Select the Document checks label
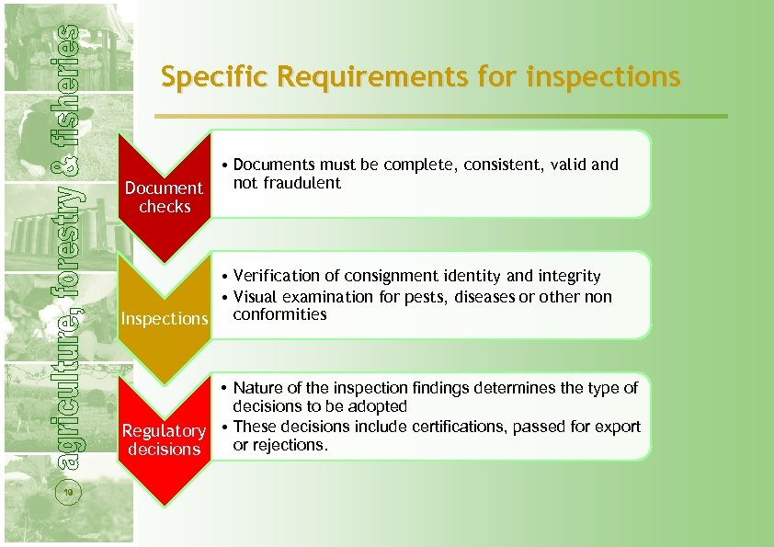click(x=164, y=197)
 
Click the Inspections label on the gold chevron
click(x=165, y=319)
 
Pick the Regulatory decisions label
click(x=164, y=439)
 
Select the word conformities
click(x=279, y=314)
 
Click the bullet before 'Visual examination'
click(x=224, y=297)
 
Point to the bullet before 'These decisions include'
click(x=224, y=427)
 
